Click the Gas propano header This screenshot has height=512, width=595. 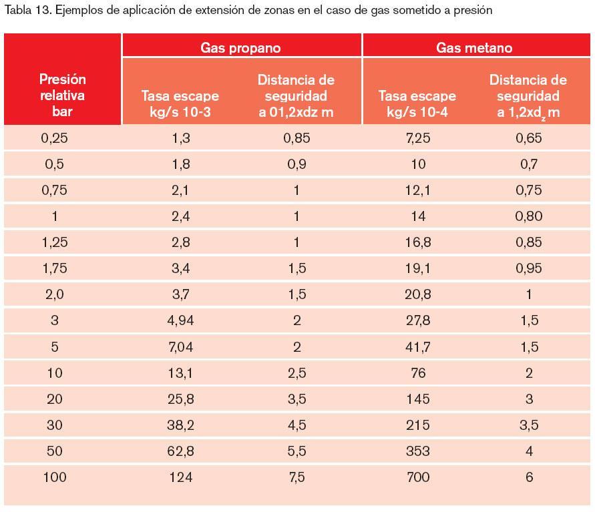click(x=240, y=47)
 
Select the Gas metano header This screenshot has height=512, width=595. click(x=474, y=47)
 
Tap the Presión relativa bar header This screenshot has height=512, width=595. click(x=62, y=95)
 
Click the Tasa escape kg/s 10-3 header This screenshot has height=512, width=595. click(x=180, y=104)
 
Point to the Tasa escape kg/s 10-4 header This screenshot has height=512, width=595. click(x=417, y=104)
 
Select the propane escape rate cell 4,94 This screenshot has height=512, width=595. click(x=180, y=320)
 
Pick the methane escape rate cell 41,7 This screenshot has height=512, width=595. click(x=418, y=347)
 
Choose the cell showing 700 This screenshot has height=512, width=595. click(x=418, y=477)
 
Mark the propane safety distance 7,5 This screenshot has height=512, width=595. click(x=296, y=477)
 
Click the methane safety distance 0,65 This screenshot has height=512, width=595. click(x=529, y=138)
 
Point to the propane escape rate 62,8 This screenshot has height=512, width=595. click(x=180, y=451)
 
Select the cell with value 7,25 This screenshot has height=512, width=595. click(x=418, y=138)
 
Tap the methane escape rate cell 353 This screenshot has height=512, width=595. click(x=418, y=451)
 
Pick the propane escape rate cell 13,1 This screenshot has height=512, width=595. click(x=180, y=373)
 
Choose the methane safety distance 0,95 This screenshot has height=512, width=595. click(x=529, y=268)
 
